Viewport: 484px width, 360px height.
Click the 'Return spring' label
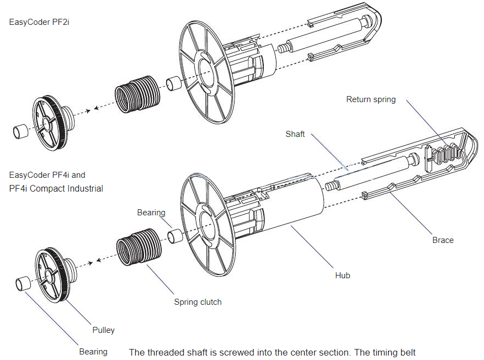pyautogui.click(x=370, y=99)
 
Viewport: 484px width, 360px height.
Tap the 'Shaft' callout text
pyautogui.click(x=295, y=134)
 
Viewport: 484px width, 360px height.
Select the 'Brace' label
pyautogui.click(x=443, y=240)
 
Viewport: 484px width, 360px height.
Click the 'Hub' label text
pyautogui.click(x=342, y=275)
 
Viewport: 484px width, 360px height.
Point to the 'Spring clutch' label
pyautogui.click(x=198, y=302)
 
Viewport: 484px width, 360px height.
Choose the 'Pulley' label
pyautogui.click(x=103, y=330)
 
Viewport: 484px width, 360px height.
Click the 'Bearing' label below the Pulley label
pyautogui.click(x=93, y=352)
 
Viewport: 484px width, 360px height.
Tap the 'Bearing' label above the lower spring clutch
pyautogui.click(x=151, y=213)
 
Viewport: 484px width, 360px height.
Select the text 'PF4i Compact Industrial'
pyautogui.click(x=56, y=188)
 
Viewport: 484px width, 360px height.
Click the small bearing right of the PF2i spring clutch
pyautogui.click(x=174, y=83)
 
